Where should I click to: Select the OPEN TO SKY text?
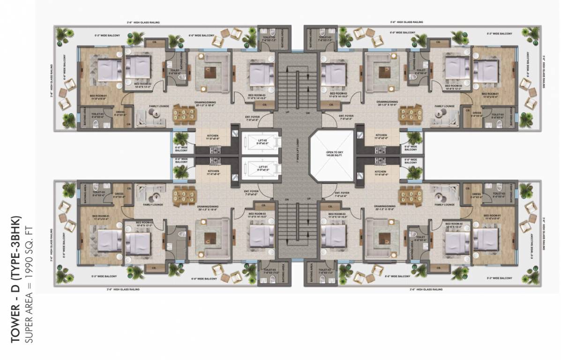tap(335, 152)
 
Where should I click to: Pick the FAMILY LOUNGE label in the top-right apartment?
tap(444, 106)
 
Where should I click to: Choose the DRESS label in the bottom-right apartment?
tap(477, 194)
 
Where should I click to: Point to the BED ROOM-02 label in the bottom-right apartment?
tap(454, 224)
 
